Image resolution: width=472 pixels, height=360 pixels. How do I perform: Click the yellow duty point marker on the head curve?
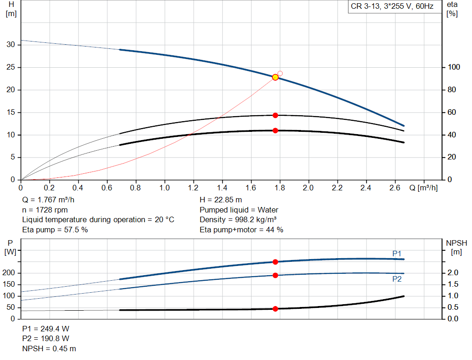(275, 77)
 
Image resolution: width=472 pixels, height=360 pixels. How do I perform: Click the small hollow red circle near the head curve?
(280, 73)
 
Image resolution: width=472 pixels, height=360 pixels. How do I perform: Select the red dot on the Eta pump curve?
(275, 115)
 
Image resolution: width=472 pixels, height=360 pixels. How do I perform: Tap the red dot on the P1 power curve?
(275, 262)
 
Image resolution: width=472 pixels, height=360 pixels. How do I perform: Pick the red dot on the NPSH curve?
(275, 309)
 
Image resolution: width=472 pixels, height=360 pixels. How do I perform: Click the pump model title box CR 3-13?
(392, 7)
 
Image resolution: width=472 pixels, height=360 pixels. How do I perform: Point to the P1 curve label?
(397, 254)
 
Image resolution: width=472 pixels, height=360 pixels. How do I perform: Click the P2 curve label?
(397, 279)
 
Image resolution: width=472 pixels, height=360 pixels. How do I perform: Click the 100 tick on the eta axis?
(454, 67)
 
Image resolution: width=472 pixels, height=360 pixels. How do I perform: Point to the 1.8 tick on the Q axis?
(279, 188)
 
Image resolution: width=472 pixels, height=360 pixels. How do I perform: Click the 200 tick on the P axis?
(10, 273)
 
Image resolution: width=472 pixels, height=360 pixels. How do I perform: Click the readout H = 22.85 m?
(221, 200)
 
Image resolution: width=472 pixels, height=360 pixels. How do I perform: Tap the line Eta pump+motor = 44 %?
(241, 230)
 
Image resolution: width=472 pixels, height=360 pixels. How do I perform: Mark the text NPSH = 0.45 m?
(49, 348)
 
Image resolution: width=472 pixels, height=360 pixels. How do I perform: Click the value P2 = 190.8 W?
(46, 339)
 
